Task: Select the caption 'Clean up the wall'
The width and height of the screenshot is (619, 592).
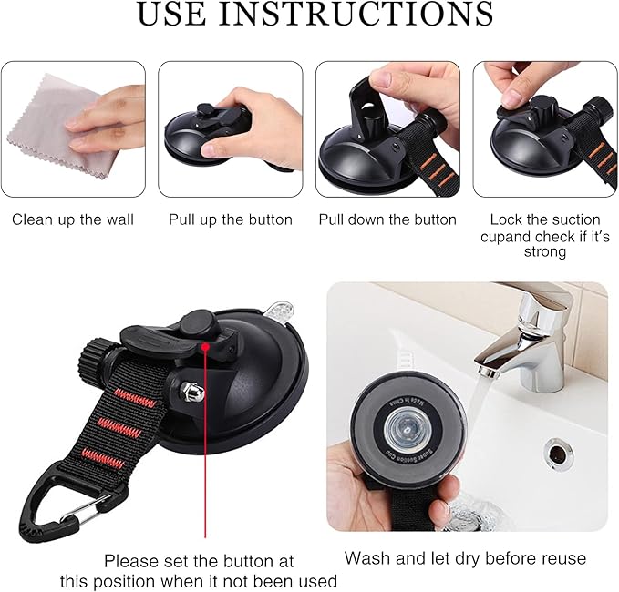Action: (x=73, y=219)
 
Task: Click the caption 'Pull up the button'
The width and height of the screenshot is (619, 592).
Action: (x=231, y=219)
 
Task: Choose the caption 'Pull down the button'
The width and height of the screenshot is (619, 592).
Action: (x=387, y=219)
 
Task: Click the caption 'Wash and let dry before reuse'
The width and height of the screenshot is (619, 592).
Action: (x=465, y=557)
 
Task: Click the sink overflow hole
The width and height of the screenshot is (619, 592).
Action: (x=555, y=447)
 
